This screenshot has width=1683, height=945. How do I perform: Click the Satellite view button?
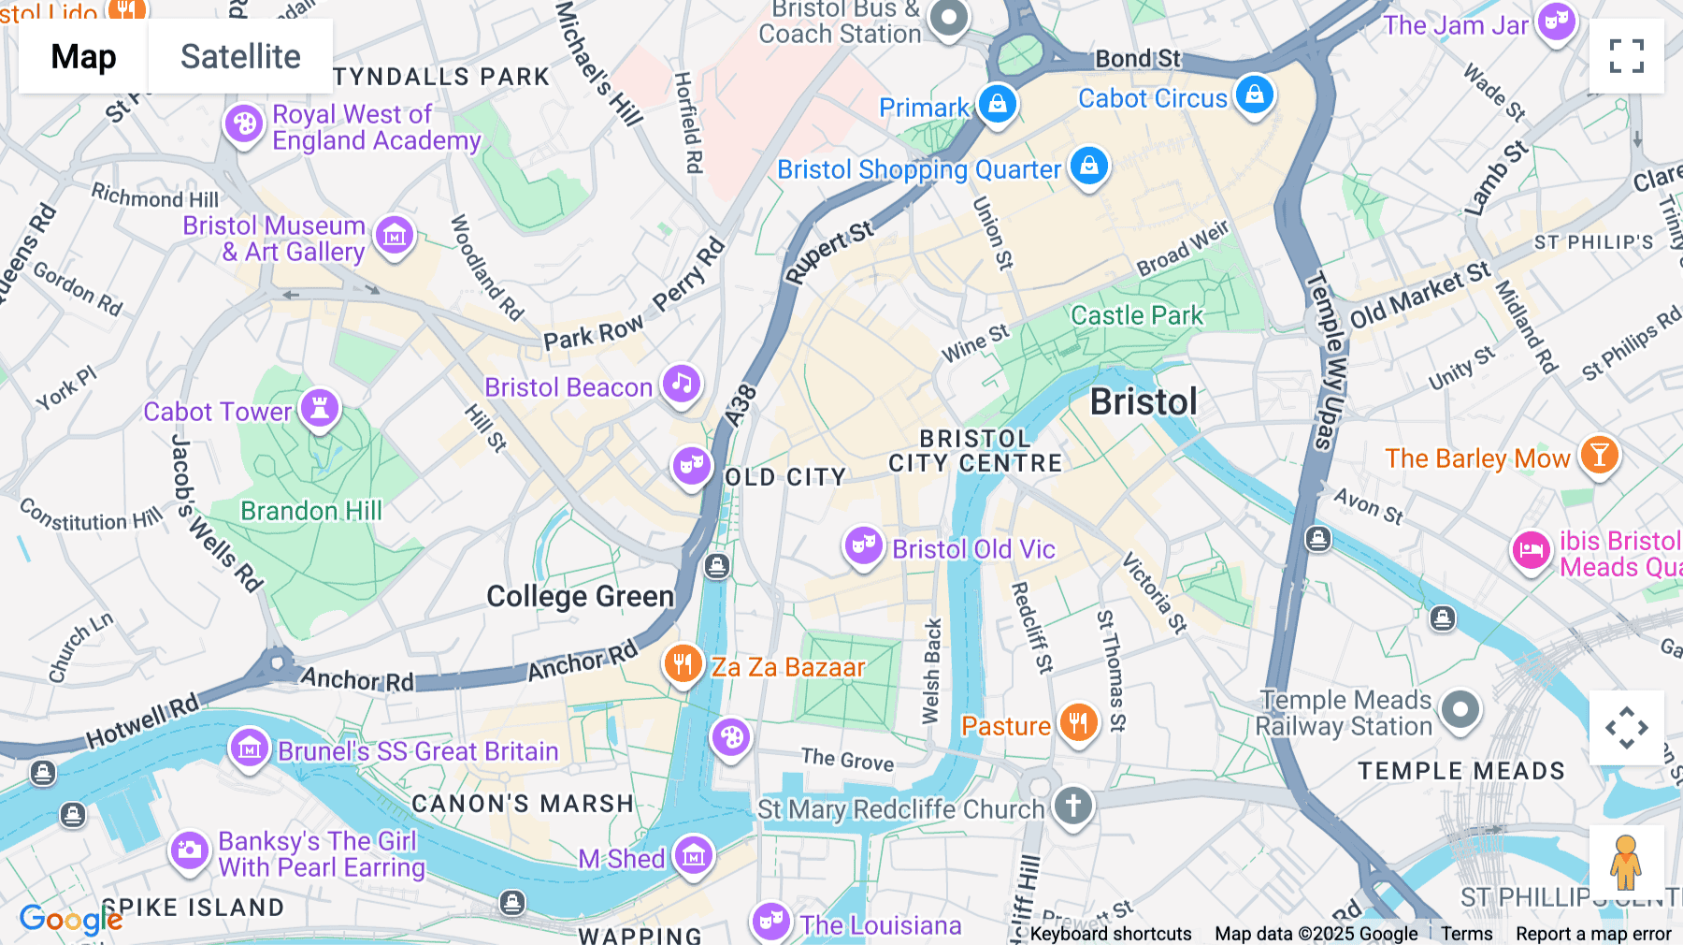coord(240,56)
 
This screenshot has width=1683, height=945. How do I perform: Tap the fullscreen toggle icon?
coord(1626,56)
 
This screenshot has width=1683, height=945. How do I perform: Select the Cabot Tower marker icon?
coord(320,409)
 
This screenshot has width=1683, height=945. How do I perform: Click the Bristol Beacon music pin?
coord(682,384)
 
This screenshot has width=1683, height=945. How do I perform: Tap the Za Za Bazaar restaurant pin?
coord(683,664)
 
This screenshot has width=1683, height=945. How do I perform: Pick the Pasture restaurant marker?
coord(1078,723)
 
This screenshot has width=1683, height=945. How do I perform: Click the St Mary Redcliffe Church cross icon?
coord(1073,805)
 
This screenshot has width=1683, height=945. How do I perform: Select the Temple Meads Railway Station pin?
coord(1460,710)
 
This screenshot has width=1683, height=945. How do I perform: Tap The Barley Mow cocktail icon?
coord(1600,456)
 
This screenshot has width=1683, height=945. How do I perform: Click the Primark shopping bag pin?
coord(998,104)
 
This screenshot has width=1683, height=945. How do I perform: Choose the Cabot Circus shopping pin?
coord(1255,94)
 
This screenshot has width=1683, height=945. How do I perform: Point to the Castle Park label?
coord(1137,315)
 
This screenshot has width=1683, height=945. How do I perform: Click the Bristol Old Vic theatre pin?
coord(863,545)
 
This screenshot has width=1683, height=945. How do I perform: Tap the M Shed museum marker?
coord(694,854)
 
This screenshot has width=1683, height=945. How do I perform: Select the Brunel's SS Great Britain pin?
coord(250,749)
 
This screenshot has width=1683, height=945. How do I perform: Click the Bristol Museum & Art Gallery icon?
coord(394,236)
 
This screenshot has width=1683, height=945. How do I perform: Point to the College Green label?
coord(580,597)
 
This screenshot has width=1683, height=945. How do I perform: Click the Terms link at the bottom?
coord(1466,933)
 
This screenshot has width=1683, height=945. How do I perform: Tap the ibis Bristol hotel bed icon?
coord(1532,550)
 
